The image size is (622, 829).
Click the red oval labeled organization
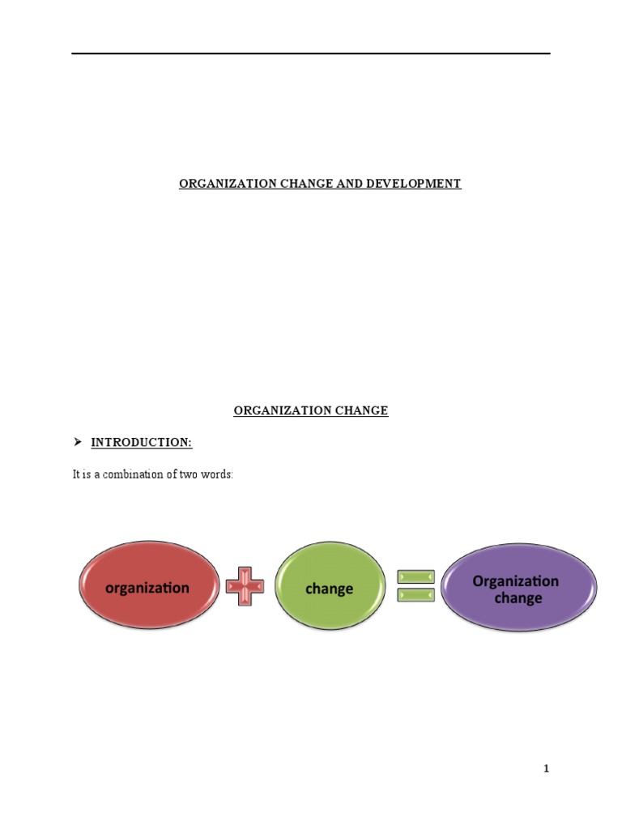[x=149, y=587]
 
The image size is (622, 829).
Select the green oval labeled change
[x=329, y=588]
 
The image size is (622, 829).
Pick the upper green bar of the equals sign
[x=416, y=576]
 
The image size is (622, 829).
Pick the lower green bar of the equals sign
[x=416, y=595]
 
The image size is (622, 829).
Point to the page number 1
[x=547, y=769]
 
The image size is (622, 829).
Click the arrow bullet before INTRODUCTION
[x=78, y=442]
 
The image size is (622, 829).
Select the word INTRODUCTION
[x=141, y=443]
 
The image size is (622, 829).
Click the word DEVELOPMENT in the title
[x=414, y=184]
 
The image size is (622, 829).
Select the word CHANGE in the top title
[x=306, y=184]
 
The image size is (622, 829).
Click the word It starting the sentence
[x=76, y=474]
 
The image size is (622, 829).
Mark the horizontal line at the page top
[x=311, y=53]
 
